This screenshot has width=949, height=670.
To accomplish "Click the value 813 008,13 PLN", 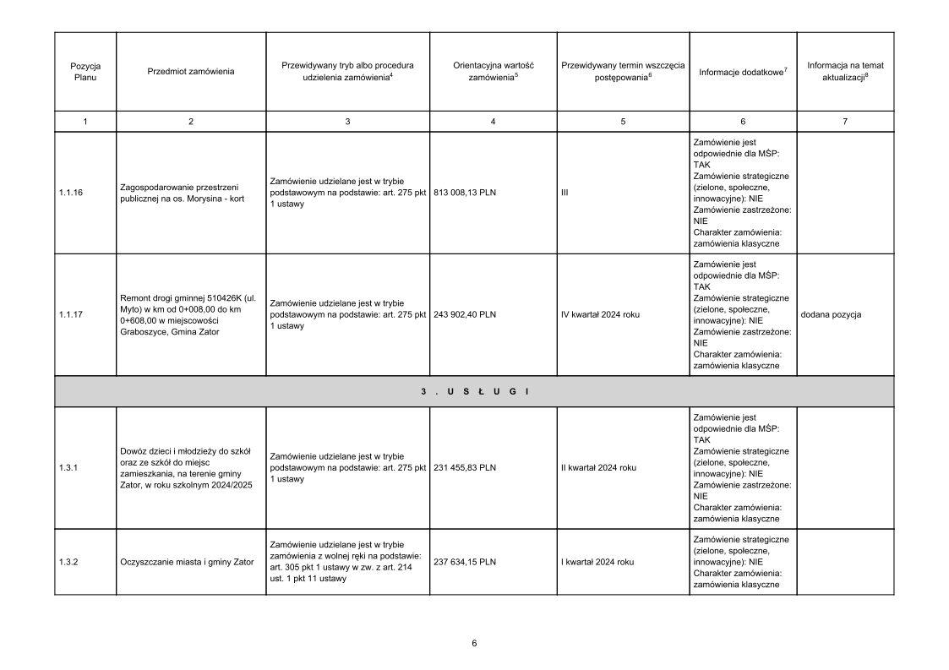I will tap(464, 193).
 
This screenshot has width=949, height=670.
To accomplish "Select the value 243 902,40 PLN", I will tap(464, 314).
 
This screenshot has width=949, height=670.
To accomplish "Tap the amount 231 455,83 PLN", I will tap(464, 467).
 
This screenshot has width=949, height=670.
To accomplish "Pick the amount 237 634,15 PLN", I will tap(464, 562).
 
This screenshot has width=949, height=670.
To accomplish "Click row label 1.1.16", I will tap(70, 193).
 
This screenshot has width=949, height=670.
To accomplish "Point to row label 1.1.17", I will tap(70, 314).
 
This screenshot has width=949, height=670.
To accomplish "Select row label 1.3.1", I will tap(68, 467).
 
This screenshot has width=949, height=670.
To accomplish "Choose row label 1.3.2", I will tap(68, 562).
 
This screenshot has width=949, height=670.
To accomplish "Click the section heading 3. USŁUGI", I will tap(474, 391).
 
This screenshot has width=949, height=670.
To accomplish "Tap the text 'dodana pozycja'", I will tap(831, 314).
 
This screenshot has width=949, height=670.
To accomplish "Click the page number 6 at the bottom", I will tap(474, 643).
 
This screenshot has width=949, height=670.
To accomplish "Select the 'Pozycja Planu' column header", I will tap(85, 71).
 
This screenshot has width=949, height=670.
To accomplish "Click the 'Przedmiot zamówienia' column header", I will tap(191, 71).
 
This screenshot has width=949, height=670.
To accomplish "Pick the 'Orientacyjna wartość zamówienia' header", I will tap(493, 71).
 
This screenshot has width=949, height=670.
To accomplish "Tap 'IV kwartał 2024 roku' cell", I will tap(600, 314).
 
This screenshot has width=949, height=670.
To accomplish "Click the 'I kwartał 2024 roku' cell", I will tap(597, 562).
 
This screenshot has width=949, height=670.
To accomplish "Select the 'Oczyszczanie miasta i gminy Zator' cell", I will tap(187, 562).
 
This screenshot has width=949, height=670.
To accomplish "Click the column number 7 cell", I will tap(845, 122).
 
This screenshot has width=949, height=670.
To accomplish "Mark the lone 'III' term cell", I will tap(564, 193).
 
